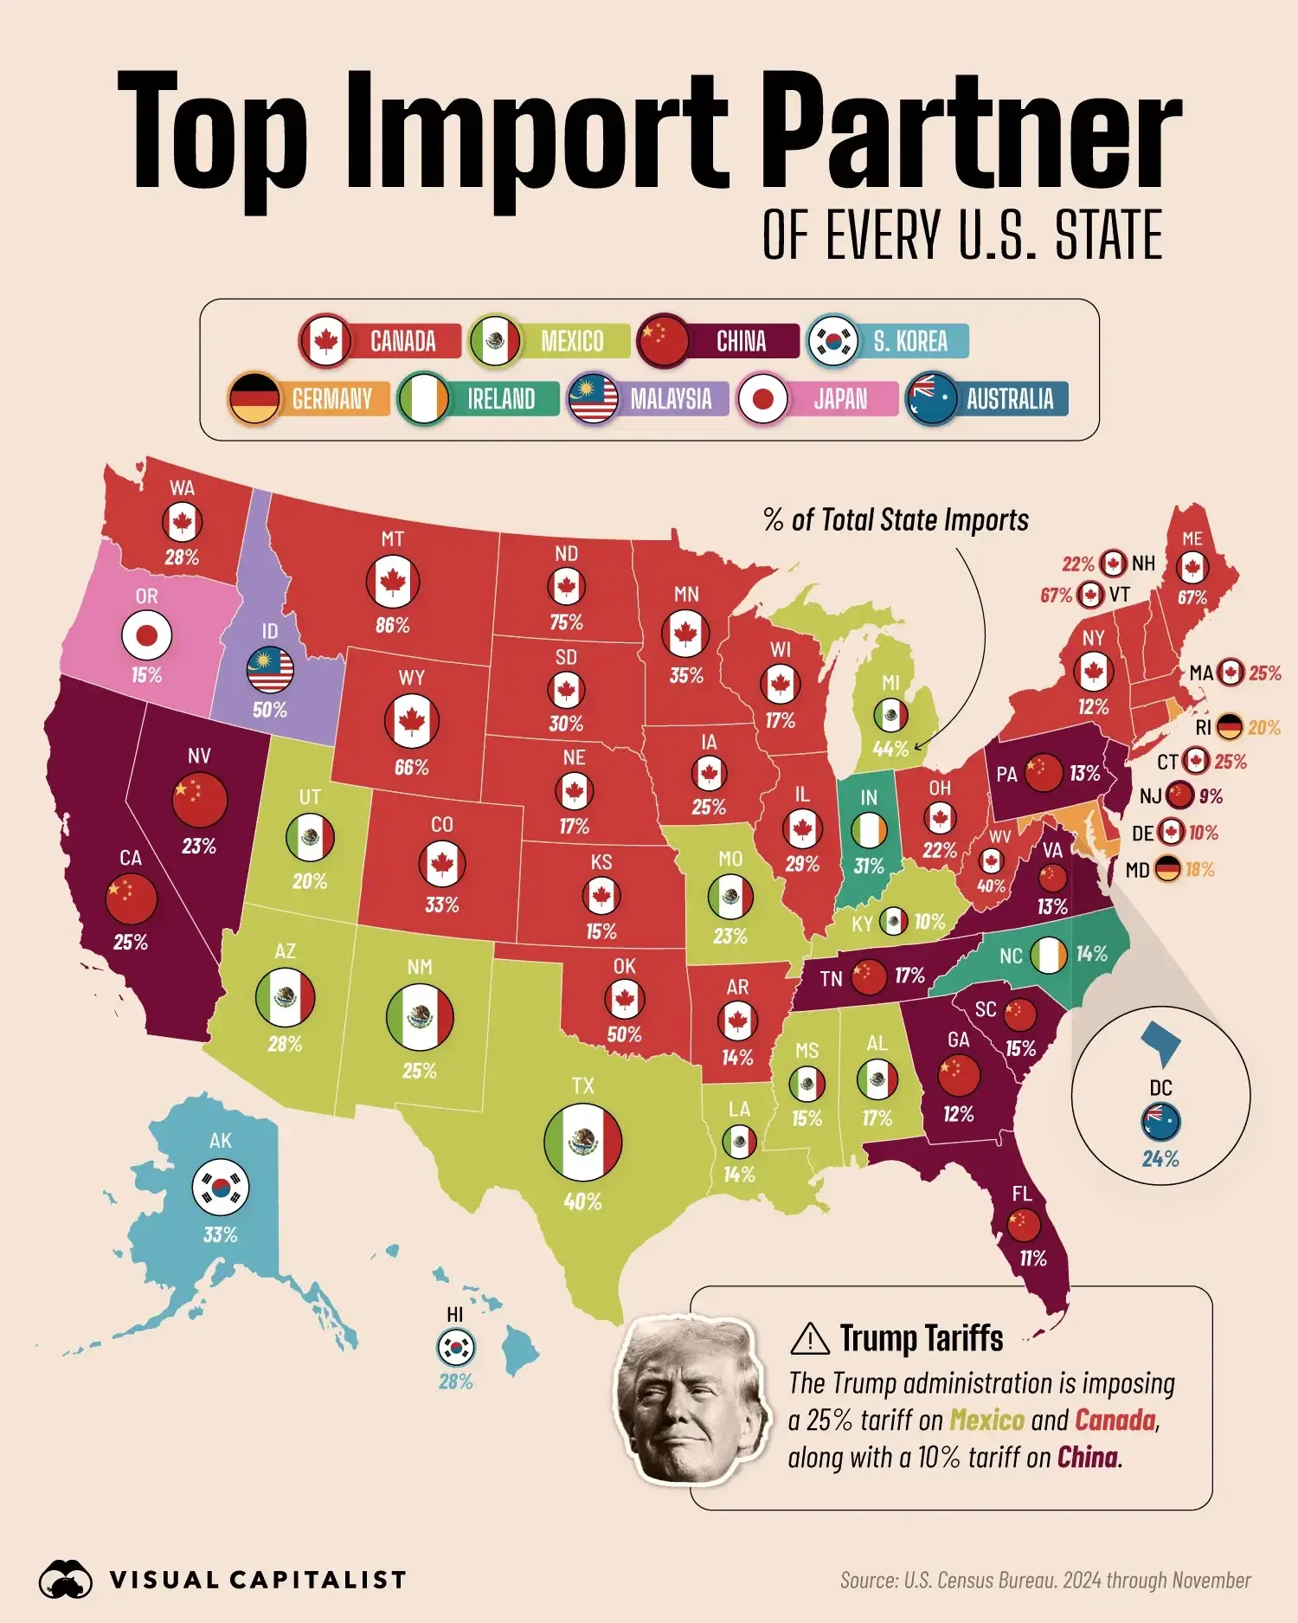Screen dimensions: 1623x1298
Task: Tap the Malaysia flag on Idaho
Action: (x=270, y=669)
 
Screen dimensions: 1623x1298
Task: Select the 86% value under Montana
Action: (x=392, y=625)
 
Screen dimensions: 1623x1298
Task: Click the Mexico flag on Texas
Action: (x=582, y=1143)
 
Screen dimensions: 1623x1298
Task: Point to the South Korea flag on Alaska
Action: (x=221, y=1188)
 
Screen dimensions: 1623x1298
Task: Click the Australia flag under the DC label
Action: (x=1160, y=1122)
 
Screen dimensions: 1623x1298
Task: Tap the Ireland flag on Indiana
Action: (x=869, y=830)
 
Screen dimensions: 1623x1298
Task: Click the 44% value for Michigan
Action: (x=890, y=749)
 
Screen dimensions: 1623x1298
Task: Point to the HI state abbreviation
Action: (x=455, y=1315)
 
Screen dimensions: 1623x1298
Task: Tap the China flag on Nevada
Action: (x=200, y=801)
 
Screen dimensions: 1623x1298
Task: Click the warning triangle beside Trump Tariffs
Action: (x=810, y=1338)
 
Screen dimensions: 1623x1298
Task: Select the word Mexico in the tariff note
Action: (x=986, y=1420)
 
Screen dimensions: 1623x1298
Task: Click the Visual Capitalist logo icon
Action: (x=66, y=1580)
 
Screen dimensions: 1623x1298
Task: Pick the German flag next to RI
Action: (x=1229, y=727)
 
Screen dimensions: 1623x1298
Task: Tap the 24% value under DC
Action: (x=1160, y=1159)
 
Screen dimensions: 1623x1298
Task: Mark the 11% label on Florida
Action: (x=1032, y=1259)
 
